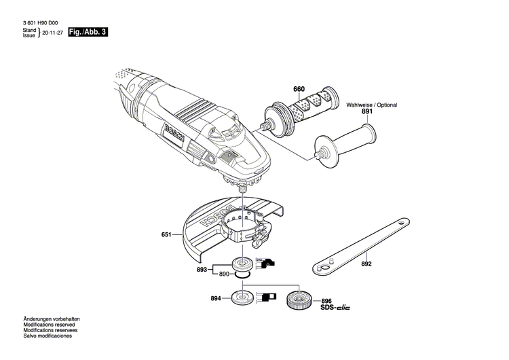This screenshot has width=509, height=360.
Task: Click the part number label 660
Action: (x=299, y=89)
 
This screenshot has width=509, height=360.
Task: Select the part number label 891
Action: (x=367, y=111)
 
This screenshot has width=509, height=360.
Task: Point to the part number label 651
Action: (x=166, y=235)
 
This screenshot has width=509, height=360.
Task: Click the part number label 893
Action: (x=202, y=269)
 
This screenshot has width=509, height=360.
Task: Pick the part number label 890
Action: (x=225, y=274)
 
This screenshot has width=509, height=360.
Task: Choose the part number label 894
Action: (x=216, y=298)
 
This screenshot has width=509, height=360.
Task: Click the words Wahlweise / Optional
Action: (x=371, y=105)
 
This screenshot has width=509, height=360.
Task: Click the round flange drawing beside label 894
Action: (x=240, y=298)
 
